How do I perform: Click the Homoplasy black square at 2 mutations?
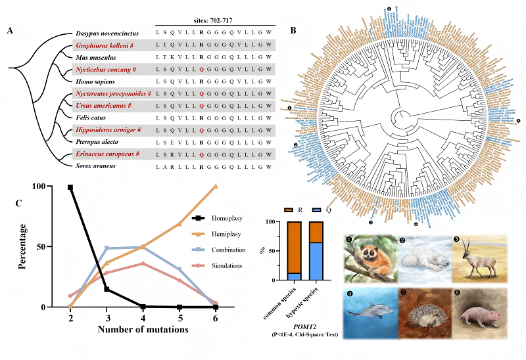(x=70, y=187)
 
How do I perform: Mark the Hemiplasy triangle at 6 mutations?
(x=215, y=187)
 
